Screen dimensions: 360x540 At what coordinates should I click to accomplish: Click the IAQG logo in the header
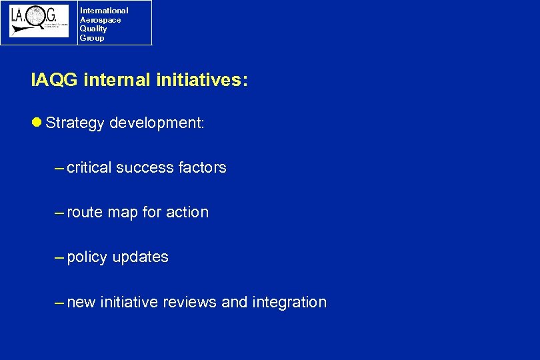pyautogui.click(x=39, y=22)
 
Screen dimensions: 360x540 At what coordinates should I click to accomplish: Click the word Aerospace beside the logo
pyautogui.click(x=100, y=20)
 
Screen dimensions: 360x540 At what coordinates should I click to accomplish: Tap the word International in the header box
pyautogui.click(x=104, y=11)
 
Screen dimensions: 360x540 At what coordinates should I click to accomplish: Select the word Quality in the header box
pyautogui.click(x=93, y=29)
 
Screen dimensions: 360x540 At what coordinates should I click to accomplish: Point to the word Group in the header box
pyautogui.click(x=92, y=38)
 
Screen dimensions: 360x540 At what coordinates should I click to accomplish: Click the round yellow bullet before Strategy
pyautogui.click(x=37, y=123)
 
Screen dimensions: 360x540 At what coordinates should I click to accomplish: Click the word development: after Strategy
pyautogui.click(x=157, y=123)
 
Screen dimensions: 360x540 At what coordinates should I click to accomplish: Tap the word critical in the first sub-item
pyautogui.click(x=89, y=168)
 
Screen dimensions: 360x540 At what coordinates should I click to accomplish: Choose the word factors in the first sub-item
pyautogui.click(x=203, y=168)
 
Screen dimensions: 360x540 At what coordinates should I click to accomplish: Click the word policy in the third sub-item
pyautogui.click(x=87, y=257)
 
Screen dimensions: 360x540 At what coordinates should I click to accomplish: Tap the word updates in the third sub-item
pyautogui.click(x=141, y=257)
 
